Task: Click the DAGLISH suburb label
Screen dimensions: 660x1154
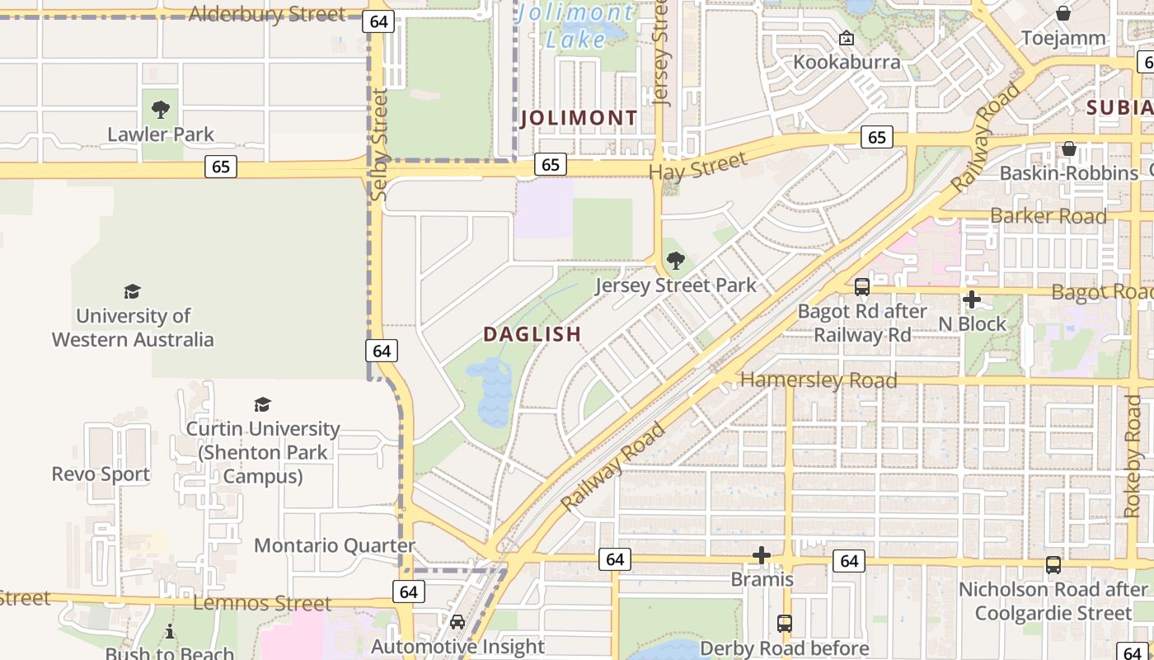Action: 532,334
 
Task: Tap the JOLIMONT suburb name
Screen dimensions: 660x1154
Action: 579,118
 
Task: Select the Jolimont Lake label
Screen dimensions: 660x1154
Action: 576,26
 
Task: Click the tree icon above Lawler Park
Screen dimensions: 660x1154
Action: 161,109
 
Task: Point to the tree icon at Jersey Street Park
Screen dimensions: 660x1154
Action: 675,261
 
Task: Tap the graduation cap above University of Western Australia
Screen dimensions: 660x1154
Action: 132,291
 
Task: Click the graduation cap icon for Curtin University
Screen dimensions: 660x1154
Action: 262,404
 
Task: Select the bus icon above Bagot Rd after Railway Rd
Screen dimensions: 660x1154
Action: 862,287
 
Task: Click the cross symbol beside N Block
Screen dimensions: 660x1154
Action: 972,299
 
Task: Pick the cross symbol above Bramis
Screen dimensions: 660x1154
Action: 762,555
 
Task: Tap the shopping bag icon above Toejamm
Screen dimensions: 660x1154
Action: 1063,13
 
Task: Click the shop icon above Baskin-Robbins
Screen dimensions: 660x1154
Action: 1069,149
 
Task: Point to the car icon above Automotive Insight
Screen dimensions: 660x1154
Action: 457,622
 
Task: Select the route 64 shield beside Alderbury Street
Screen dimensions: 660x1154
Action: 378,21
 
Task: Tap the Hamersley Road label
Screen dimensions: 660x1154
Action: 819,380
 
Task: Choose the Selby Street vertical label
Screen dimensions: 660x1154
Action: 379,145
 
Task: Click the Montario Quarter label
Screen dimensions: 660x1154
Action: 335,545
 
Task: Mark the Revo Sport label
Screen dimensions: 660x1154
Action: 101,474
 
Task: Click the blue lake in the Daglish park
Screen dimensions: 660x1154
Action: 493,394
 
